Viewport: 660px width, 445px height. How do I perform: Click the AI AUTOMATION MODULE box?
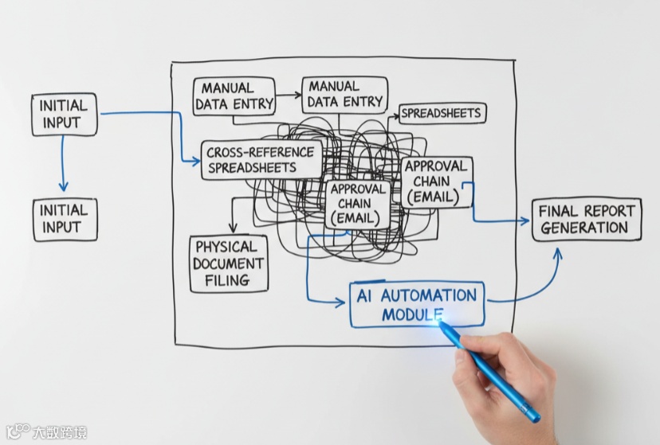click(417, 304)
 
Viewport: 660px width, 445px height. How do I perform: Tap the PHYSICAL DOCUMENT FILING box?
click(229, 263)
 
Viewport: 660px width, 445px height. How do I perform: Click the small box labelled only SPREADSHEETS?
click(442, 114)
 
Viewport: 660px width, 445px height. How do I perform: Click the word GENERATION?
click(584, 228)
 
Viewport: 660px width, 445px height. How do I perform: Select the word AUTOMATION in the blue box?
click(428, 295)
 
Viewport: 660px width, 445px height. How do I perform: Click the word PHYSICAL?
click(226, 247)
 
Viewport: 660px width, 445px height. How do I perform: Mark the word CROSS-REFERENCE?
click(261, 151)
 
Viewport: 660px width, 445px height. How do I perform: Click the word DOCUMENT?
click(229, 263)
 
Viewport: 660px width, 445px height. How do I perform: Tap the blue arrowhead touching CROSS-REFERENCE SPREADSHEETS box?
click(195, 162)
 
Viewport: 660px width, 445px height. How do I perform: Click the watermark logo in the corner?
click(18, 432)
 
